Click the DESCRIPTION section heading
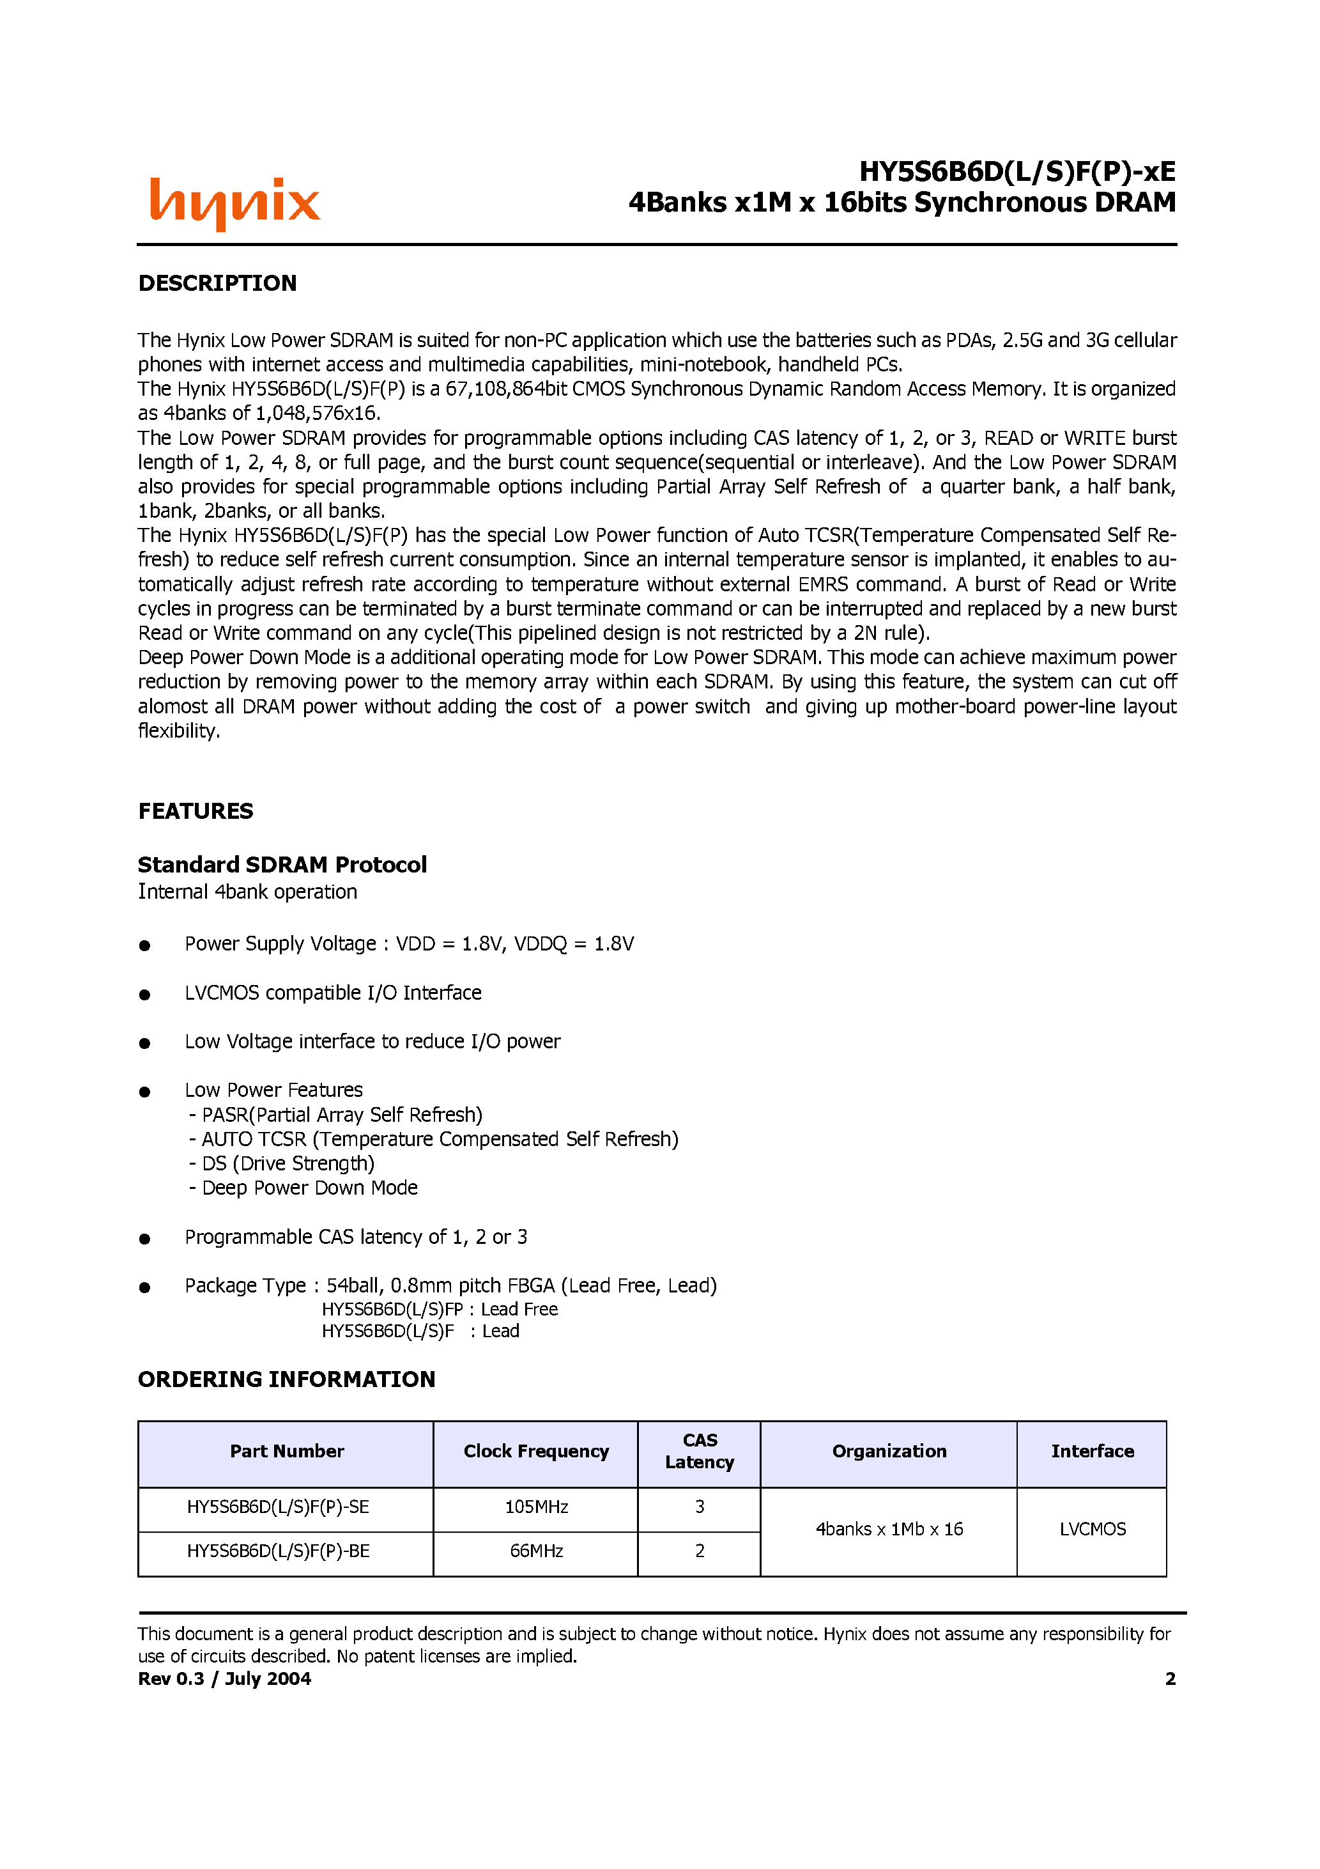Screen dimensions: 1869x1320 (x=217, y=283)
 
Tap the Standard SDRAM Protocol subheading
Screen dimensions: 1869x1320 (x=282, y=864)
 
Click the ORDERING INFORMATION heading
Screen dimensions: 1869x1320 (x=286, y=1379)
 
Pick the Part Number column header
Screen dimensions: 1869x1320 (x=286, y=1452)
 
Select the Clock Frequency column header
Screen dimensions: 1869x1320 (x=535, y=1452)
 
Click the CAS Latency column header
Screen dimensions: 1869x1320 (x=699, y=1452)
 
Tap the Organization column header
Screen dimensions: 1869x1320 (x=889, y=1452)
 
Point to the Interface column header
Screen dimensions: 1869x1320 (x=1092, y=1452)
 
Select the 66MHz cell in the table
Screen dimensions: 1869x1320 (x=536, y=1551)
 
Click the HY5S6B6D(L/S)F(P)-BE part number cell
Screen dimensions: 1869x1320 (x=279, y=1551)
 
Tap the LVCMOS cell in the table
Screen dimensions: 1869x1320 (x=1092, y=1529)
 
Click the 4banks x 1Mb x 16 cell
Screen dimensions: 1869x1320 (x=889, y=1529)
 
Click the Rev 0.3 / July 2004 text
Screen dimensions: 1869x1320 (x=225, y=1679)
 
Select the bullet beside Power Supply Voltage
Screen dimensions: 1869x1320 (x=145, y=945)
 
